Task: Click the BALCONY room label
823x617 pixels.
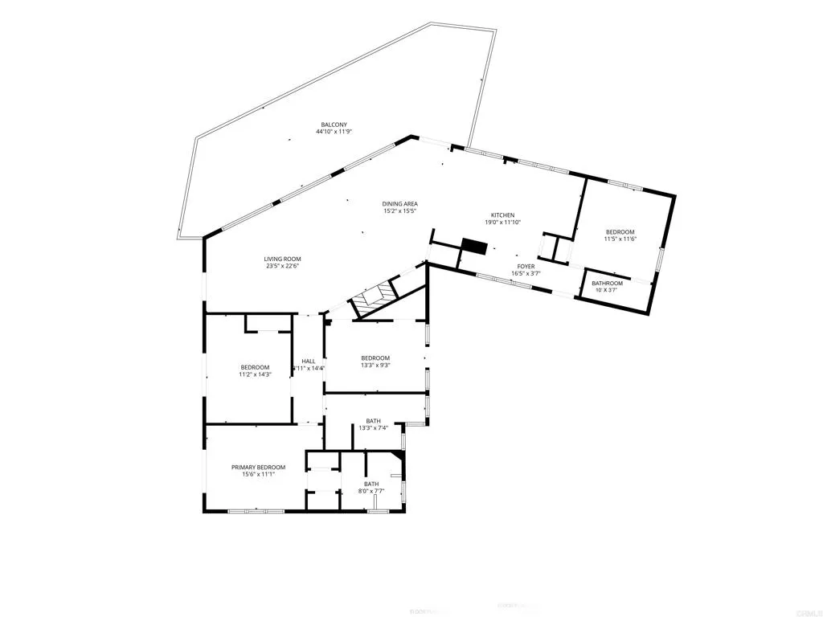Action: click(334, 125)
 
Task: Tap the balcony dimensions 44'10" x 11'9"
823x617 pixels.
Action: click(334, 133)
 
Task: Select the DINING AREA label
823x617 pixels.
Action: click(399, 204)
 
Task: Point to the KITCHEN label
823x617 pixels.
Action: click(502, 215)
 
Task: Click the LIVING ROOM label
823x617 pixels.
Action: click(282, 259)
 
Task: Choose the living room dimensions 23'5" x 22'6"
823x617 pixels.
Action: click(282, 268)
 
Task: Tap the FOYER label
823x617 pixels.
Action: click(526, 266)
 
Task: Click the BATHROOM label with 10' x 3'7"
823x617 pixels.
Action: click(607, 283)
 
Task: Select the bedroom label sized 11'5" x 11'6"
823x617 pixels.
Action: click(620, 232)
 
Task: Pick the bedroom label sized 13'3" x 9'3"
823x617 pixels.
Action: click(375, 358)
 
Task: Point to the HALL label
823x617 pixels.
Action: click(308, 362)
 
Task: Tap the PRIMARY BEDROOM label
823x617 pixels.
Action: click(258, 467)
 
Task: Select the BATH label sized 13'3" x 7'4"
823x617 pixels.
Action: click(374, 421)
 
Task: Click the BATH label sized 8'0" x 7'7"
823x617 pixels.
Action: click(371, 484)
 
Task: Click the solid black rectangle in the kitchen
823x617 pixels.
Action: click(475, 246)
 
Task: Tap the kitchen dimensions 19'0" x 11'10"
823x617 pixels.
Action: click(502, 223)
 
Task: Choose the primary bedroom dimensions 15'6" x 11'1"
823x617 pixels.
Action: click(258, 475)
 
